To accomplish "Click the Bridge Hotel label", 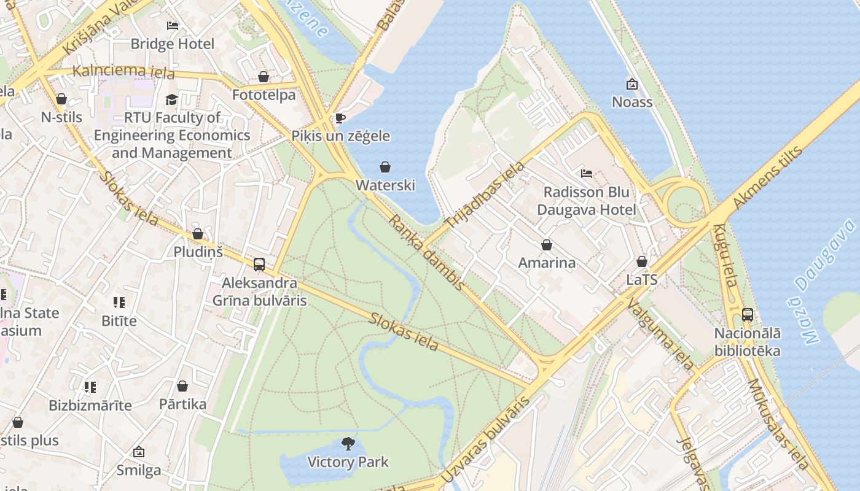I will click(173, 44).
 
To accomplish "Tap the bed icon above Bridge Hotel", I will click(173, 26).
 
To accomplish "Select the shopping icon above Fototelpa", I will click(264, 77).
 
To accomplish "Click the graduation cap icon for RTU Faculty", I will click(171, 99).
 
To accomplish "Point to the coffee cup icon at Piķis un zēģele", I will click(340, 118).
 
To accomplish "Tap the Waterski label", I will click(385, 185).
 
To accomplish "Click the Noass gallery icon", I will click(631, 84).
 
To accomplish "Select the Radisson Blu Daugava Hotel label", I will click(587, 201).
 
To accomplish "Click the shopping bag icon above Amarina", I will click(547, 245).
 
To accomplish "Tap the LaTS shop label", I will click(642, 280).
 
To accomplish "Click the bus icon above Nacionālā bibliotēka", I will click(748, 315).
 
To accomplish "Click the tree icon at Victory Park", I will click(348, 444).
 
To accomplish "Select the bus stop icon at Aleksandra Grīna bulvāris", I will click(259, 265).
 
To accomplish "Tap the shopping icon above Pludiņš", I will click(198, 234).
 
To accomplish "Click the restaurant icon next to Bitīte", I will click(119, 302).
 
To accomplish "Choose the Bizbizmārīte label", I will click(90, 405).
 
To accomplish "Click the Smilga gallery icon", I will click(139, 452).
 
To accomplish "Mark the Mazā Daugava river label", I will click(822, 281).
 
